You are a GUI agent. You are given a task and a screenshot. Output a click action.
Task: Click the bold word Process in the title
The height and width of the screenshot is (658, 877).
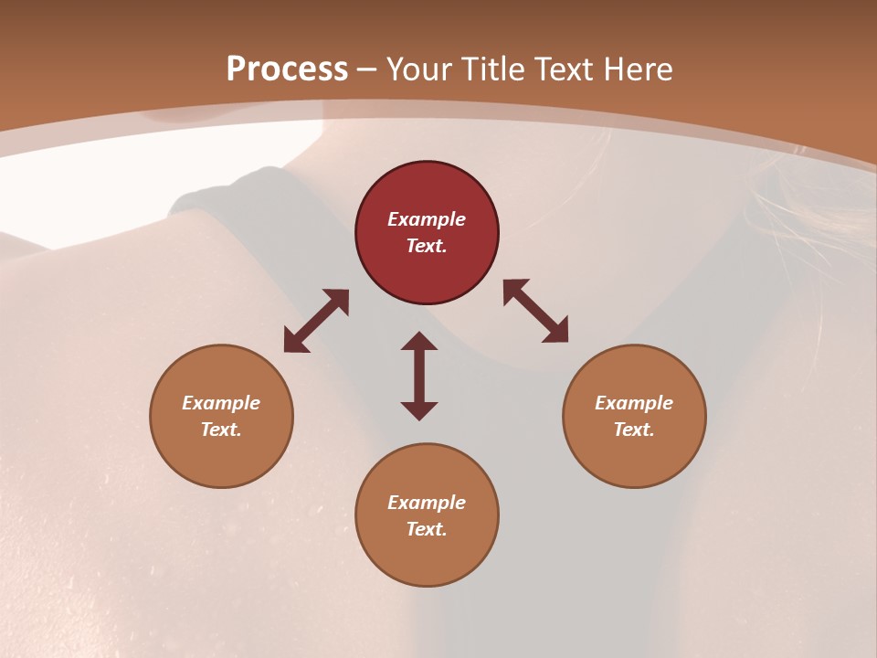(x=287, y=69)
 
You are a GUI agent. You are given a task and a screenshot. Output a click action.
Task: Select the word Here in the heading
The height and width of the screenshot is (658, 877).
(x=637, y=69)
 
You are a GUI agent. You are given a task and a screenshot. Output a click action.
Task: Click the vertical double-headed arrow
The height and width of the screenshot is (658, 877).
(x=419, y=376)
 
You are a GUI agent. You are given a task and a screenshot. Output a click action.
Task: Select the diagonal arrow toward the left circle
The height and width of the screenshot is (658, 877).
(x=316, y=321)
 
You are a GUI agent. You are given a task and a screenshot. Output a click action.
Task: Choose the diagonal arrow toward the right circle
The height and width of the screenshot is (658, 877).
(x=535, y=311)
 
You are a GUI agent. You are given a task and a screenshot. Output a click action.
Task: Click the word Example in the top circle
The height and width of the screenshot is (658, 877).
(x=427, y=219)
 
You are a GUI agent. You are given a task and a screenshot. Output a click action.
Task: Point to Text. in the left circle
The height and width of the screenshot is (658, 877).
(x=221, y=430)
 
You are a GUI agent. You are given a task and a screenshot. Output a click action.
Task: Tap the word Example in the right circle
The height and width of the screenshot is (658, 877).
(x=634, y=403)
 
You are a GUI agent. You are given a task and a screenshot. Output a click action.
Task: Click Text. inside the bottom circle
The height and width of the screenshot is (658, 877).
(x=427, y=529)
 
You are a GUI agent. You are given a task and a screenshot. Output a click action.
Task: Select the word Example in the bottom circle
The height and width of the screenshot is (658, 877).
(x=427, y=503)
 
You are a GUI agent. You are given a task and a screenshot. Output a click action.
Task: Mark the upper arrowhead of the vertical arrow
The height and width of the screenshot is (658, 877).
(x=419, y=342)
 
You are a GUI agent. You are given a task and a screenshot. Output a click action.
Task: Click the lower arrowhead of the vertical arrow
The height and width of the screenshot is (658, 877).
(x=419, y=409)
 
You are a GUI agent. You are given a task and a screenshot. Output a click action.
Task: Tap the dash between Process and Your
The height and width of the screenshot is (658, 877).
(x=366, y=70)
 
